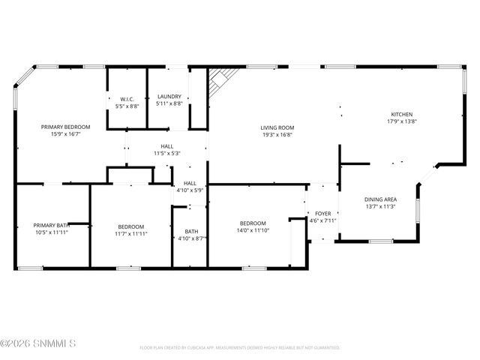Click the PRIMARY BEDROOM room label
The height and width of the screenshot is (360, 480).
65,127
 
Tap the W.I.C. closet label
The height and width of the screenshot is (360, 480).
127,98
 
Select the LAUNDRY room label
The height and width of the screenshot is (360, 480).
169,96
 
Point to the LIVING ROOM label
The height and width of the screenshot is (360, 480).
277,127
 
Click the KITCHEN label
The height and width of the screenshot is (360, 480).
401,114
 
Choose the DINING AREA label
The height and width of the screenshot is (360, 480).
379,199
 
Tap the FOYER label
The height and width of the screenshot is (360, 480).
322,214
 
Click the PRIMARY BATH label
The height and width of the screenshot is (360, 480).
51,225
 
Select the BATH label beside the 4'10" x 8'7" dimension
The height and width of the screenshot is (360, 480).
192,231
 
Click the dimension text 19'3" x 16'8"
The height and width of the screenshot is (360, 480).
277,135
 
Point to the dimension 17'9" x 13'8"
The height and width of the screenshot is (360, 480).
401,121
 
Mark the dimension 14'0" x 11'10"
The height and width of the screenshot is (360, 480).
253,230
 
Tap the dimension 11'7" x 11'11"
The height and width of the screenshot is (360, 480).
130,233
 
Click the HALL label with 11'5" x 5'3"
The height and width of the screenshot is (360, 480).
167,146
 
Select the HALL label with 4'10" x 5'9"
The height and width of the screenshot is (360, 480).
190,183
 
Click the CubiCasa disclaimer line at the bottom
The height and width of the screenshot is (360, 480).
239,347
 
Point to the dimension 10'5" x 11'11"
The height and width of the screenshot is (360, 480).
51,232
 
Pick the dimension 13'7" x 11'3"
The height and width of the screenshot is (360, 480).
379,206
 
